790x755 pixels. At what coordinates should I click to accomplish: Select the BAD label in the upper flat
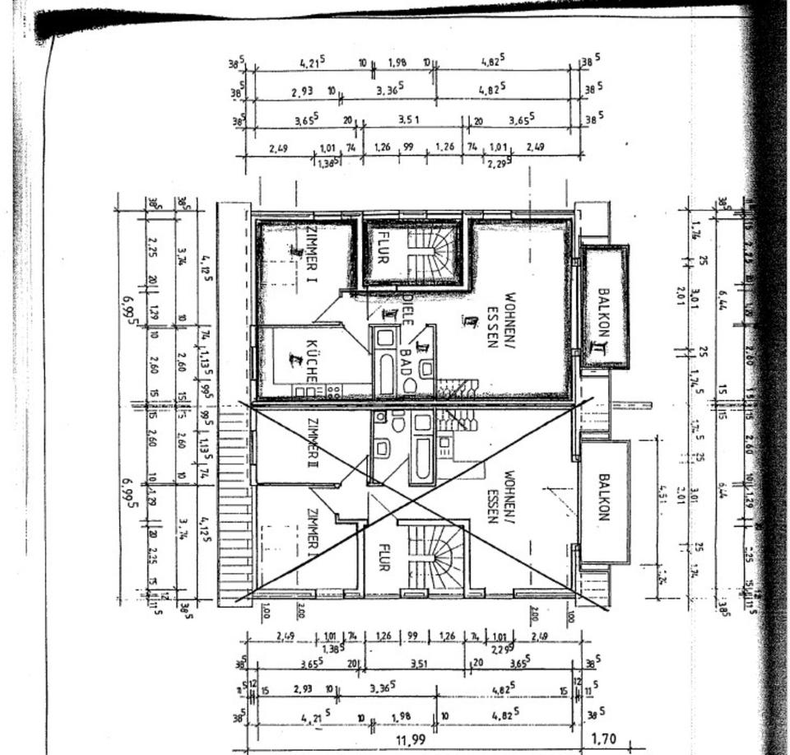point(406,361)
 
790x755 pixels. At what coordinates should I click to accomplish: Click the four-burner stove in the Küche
point(333,391)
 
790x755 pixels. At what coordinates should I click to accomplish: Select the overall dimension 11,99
point(411,740)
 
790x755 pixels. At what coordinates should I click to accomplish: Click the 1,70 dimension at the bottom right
point(604,740)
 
